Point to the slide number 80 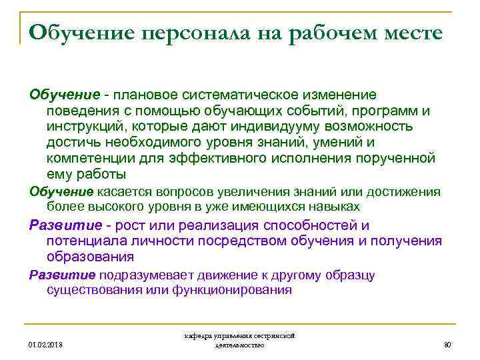tap(447, 345)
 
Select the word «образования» tap(90, 257)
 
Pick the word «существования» tap(91, 291)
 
